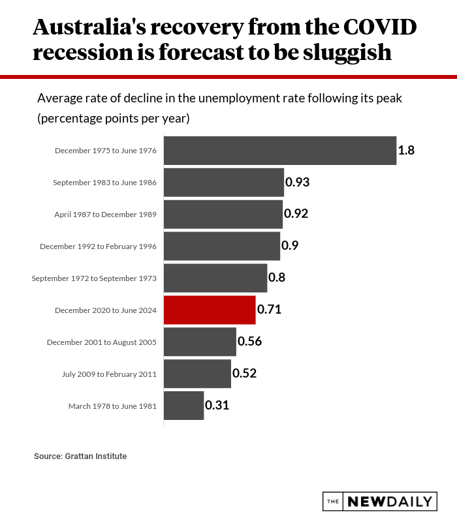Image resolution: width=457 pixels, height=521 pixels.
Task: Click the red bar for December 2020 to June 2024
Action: point(209,310)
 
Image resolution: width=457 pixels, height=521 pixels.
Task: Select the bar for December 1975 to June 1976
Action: point(279,151)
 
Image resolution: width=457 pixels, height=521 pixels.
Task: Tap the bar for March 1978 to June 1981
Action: point(183,406)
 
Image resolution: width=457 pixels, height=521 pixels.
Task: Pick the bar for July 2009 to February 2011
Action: point(197,374)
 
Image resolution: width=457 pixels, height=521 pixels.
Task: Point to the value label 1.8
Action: point(407,151)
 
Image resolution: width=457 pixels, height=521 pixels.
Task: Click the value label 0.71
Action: point(269,310)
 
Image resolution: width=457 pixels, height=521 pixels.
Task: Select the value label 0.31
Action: point(217,405)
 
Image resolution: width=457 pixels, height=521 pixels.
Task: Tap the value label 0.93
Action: point(297,182)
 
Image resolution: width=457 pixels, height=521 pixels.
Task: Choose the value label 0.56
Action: point(249,342)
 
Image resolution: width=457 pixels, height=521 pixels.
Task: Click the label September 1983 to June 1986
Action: point(104,183)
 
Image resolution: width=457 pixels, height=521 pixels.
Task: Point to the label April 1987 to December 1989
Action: point(105,215)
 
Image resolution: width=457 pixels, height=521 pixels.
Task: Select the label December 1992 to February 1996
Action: point(98,246)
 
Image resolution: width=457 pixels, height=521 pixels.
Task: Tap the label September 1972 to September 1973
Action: point(94,278)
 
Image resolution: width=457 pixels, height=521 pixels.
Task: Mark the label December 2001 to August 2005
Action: point(101,342)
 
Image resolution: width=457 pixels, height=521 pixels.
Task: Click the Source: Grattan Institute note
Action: point(80,456)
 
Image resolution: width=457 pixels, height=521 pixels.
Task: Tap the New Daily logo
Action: point(379,501)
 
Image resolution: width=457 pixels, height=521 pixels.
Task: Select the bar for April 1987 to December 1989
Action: point(223,215)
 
